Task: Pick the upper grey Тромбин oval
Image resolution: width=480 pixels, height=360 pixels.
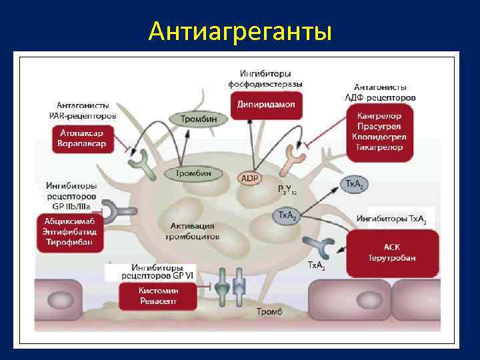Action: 203,119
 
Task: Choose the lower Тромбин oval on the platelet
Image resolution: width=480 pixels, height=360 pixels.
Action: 193,173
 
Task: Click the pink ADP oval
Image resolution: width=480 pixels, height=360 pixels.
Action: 251,179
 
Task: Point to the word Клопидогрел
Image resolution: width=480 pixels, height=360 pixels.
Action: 379,137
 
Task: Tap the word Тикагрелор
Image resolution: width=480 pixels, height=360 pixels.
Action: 379,147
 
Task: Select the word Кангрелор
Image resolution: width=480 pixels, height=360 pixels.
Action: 379,115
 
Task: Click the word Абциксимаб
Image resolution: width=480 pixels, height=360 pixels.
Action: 70,221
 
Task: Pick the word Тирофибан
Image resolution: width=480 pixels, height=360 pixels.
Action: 70,242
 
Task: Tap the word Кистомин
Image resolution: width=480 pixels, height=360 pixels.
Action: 158,291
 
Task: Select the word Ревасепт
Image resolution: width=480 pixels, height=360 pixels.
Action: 158,301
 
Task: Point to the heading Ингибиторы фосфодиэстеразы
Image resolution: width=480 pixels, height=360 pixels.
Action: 265,79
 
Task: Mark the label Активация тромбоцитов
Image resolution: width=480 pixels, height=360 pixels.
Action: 192,231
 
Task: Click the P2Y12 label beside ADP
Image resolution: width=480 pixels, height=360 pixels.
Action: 289,190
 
